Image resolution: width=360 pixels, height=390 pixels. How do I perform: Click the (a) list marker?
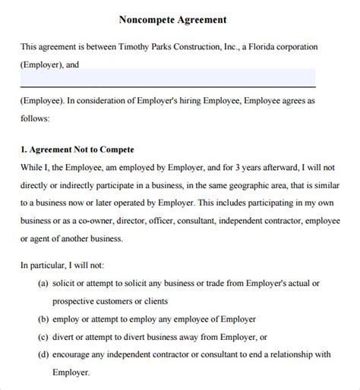(x=43, y=283)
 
